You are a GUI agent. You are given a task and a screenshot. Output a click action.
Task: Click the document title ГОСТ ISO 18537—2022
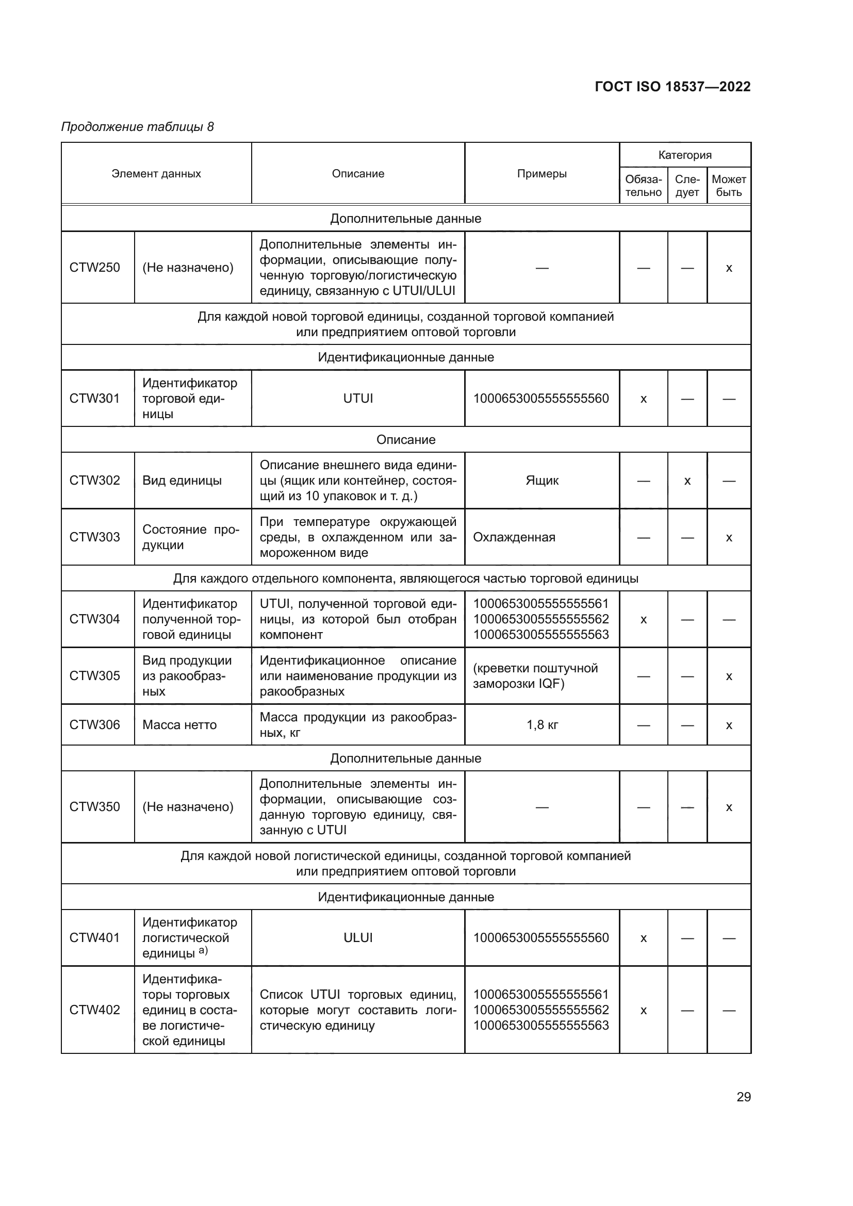coord(672,87)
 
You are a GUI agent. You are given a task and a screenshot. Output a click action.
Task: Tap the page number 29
coord(743,1097)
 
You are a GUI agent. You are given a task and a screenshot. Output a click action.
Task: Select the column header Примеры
coord(542,174)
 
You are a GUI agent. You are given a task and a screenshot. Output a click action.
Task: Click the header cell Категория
coord(684,155)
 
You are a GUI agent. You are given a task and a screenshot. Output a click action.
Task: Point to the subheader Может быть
coord(729,186)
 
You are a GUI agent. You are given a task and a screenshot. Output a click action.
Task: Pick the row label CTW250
coord(94,268)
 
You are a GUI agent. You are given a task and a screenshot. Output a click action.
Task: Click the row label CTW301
coord(94,399)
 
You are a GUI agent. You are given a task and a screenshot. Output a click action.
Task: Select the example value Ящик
coord(542,481)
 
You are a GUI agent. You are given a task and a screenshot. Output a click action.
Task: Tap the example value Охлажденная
coord(514,537)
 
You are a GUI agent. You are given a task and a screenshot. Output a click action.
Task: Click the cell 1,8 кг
coord(542,725)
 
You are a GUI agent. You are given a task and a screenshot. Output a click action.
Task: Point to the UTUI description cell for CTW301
coord(358,399)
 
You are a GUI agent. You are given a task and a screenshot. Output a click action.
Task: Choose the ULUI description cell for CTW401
coord(358,937)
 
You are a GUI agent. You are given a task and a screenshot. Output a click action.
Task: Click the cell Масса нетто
coord(179,725)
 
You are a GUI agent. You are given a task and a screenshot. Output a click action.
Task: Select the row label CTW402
coord(94,1010)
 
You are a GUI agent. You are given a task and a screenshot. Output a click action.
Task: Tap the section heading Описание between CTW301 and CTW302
coord(405,440)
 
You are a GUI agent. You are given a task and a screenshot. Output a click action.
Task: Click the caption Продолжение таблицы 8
coord(138,127)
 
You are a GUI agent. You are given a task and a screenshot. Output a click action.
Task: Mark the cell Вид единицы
coord(182,481)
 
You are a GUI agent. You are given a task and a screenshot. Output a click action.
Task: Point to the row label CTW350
coord(94,807)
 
